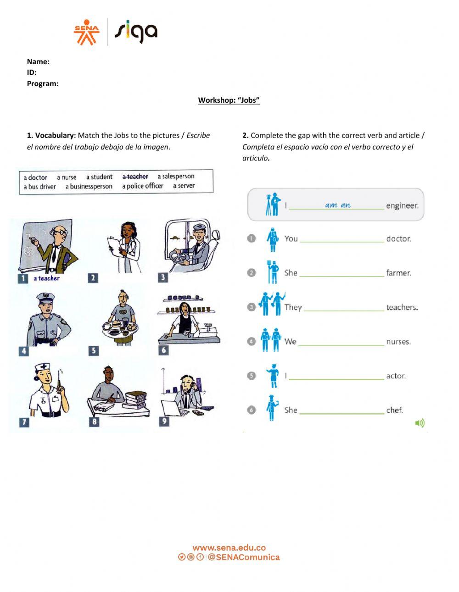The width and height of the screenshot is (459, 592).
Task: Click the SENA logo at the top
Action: [x=86, y=32]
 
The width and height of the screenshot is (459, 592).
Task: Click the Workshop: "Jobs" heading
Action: [x=229, y=100]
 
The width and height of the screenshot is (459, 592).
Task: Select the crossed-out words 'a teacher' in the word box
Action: [x=135, y=177]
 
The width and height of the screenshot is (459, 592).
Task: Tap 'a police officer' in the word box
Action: [x=142, y=186]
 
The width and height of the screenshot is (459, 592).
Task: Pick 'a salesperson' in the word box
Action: [x=176, y=176]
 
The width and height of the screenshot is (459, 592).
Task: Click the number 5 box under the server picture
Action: [x=93, y=351]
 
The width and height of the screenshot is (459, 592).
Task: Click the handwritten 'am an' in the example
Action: [x=337, y=205]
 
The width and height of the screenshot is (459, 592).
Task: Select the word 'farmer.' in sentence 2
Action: [x=398, y=273]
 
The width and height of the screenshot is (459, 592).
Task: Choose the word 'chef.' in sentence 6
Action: [x=394, y=410]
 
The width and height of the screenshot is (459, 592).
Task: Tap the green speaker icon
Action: [x=420, y=423]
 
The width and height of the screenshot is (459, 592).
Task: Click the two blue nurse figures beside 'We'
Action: [x=270, y=340]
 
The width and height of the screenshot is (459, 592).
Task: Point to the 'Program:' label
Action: [x=43, y=83]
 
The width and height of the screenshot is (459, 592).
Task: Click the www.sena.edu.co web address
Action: [x=229, y=548]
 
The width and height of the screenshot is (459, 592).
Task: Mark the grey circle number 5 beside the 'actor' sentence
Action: [x=251, y=376]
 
